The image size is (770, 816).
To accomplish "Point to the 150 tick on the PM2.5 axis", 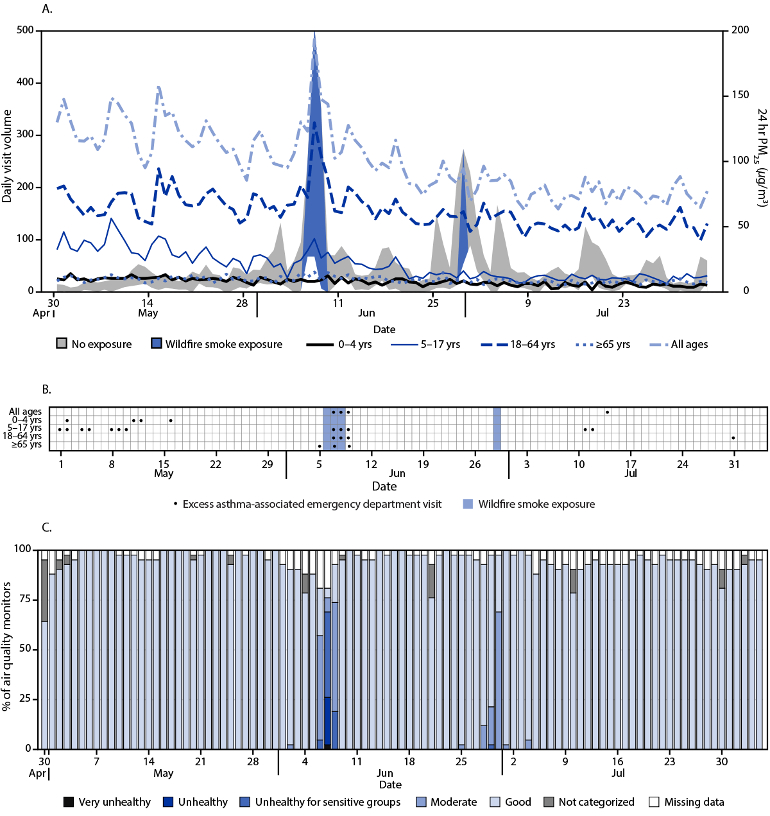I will click(x=740, y=96).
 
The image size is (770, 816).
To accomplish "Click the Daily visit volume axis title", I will click(x=7, y=156).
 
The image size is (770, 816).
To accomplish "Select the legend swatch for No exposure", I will click(x=62, y=344).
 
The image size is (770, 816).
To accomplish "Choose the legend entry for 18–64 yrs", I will click(x=518, y=344).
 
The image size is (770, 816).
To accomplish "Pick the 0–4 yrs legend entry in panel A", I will click(x=339, y=344).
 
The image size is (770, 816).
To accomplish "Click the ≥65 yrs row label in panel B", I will click(x=26, y=445).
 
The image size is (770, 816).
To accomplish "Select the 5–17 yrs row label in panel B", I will click(x=24, y=428).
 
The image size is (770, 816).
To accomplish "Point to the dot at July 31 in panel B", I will click(x=733, y=438).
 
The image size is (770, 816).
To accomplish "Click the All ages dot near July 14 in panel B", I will click(x=607, y=412).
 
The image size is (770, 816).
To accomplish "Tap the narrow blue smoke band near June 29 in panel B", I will click(x=497, y=429).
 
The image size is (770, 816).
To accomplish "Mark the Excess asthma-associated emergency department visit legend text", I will click(x=312, y=504).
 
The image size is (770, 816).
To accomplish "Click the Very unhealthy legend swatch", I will click(x=69, y=802).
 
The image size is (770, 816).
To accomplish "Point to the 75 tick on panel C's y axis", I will click(x=26, y=599).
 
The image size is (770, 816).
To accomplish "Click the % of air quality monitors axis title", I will click(x=7, y=646).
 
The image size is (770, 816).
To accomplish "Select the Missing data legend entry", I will click(x=687, y=802).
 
